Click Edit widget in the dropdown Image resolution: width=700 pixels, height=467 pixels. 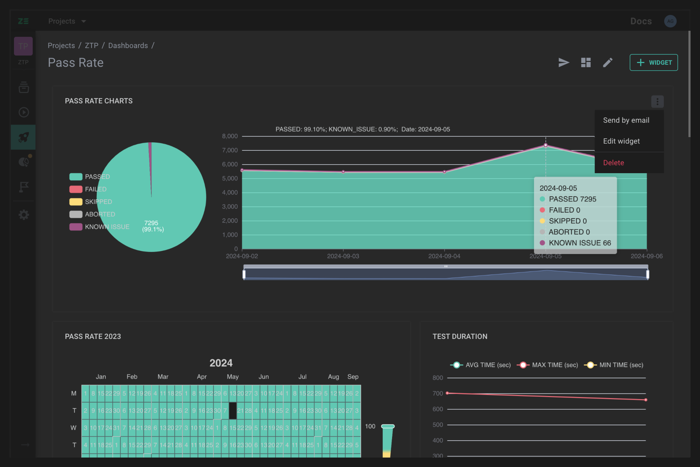coord(621,141)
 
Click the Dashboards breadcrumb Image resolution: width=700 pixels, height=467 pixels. coord(128,46)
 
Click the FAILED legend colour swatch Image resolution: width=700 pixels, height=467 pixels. coord(76,189)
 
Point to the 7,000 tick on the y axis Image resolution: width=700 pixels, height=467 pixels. coord(230,150)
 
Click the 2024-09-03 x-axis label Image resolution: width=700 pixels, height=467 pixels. coord(343,256)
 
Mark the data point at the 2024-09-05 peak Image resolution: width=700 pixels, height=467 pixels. coord(545,145)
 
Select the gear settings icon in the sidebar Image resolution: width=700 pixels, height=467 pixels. coord(23,215)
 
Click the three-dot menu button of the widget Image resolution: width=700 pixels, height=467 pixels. coord(657,102)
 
